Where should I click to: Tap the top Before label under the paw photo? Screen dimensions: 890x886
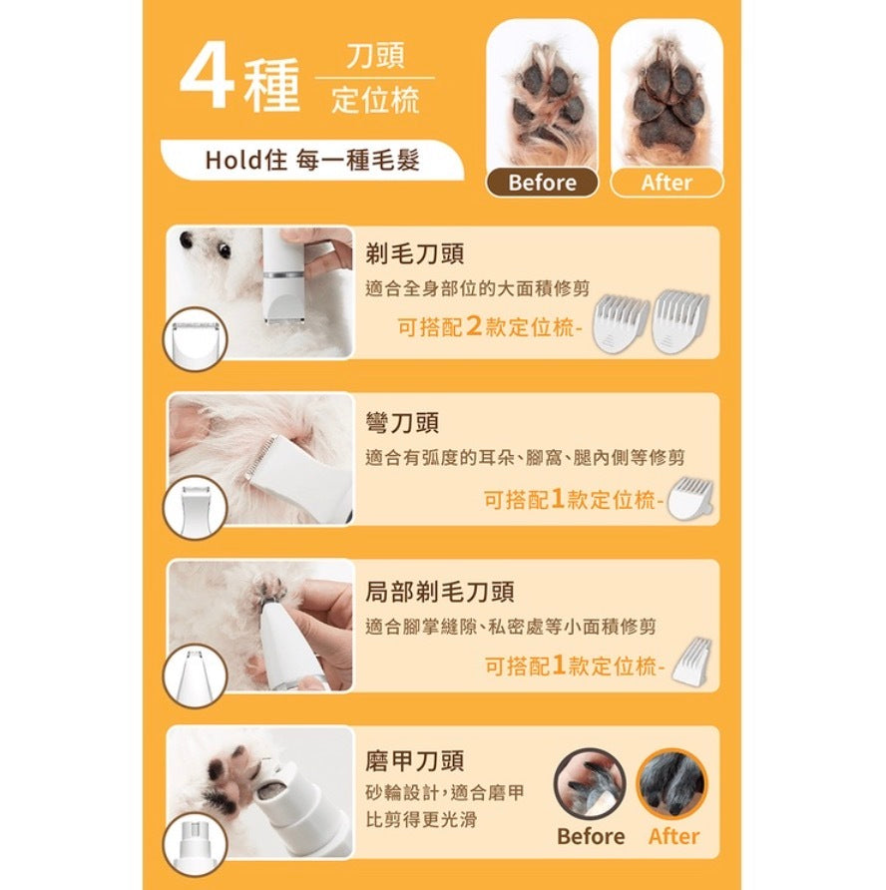(x=542, y=183)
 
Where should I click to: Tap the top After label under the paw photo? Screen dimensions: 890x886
(x=666, y=183)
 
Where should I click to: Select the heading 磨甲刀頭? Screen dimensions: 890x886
(x=415, y=760)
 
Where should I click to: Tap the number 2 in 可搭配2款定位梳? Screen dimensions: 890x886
(x=473, y=326)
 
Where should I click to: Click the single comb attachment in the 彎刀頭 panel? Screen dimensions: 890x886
(x=690, y=498)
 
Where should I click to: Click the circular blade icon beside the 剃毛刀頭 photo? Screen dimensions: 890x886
(x=195, y=338)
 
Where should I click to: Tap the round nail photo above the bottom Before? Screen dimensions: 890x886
(x=590, y=783)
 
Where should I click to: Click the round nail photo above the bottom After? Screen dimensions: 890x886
(x=671, y=783)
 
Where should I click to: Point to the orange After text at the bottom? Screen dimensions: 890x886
(x=673, y=836)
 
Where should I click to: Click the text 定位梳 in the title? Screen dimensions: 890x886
(x=375, y=101)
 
